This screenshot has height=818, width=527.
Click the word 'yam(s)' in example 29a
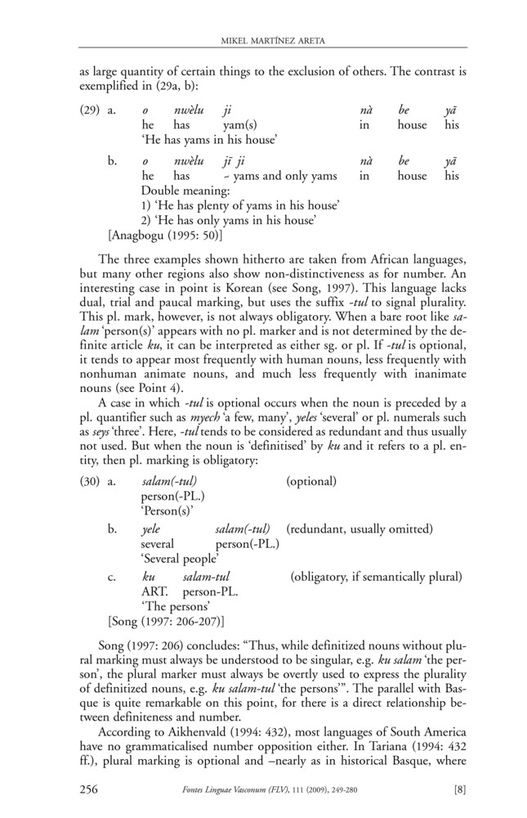click(x=240, y=125)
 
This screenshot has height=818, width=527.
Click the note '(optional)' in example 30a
click(x=311, y=482)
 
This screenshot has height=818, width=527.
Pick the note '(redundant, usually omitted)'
click(x=360, y=529)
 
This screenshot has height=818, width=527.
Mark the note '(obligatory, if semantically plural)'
click(x=376, y=577)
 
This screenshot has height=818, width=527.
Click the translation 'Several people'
click(x=180, y=560)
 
